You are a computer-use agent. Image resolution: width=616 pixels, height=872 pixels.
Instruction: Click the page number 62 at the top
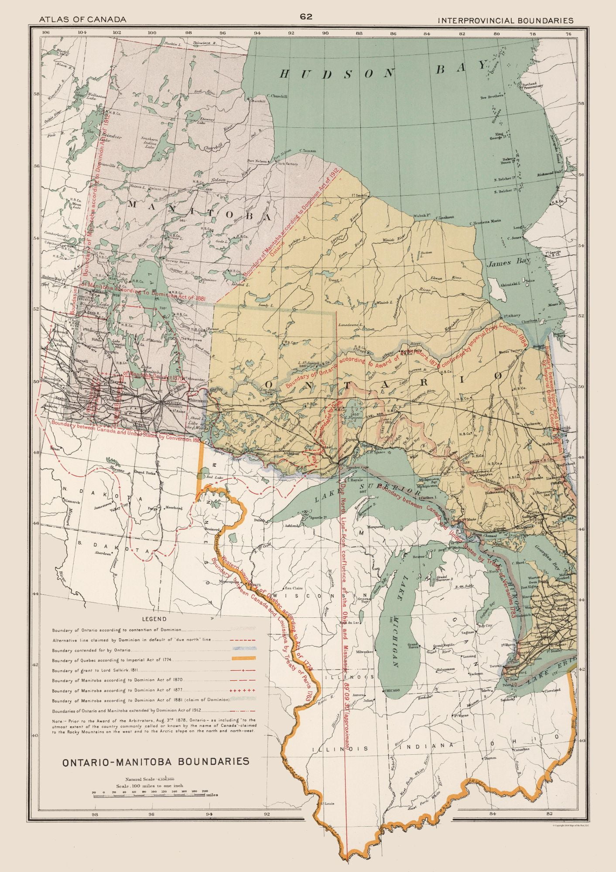(x=306, y=17)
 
